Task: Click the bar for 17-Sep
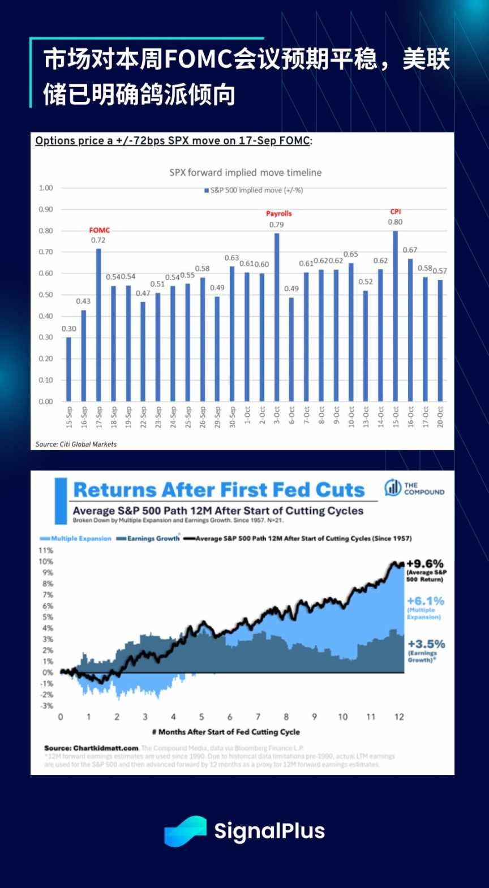(98, 325)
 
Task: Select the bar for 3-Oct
(277, 317)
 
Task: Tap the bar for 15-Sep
(69, 369)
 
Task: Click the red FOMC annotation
(100, 230)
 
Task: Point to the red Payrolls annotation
(279, 214)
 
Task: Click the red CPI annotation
(396, 212)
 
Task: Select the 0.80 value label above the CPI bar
(395, 222)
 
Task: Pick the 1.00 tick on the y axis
(46, 188)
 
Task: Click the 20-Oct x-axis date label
(440, 417)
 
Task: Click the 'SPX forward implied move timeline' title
(246, 173)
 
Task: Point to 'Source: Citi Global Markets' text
(76, 445)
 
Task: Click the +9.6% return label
(425, 564)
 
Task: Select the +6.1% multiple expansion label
(426, 601)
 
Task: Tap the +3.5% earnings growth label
(426, 644)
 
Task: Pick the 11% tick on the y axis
(46, 550)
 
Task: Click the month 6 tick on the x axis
(230, 717)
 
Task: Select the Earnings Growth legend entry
(148, 538)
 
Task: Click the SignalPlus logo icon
(186, 831)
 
